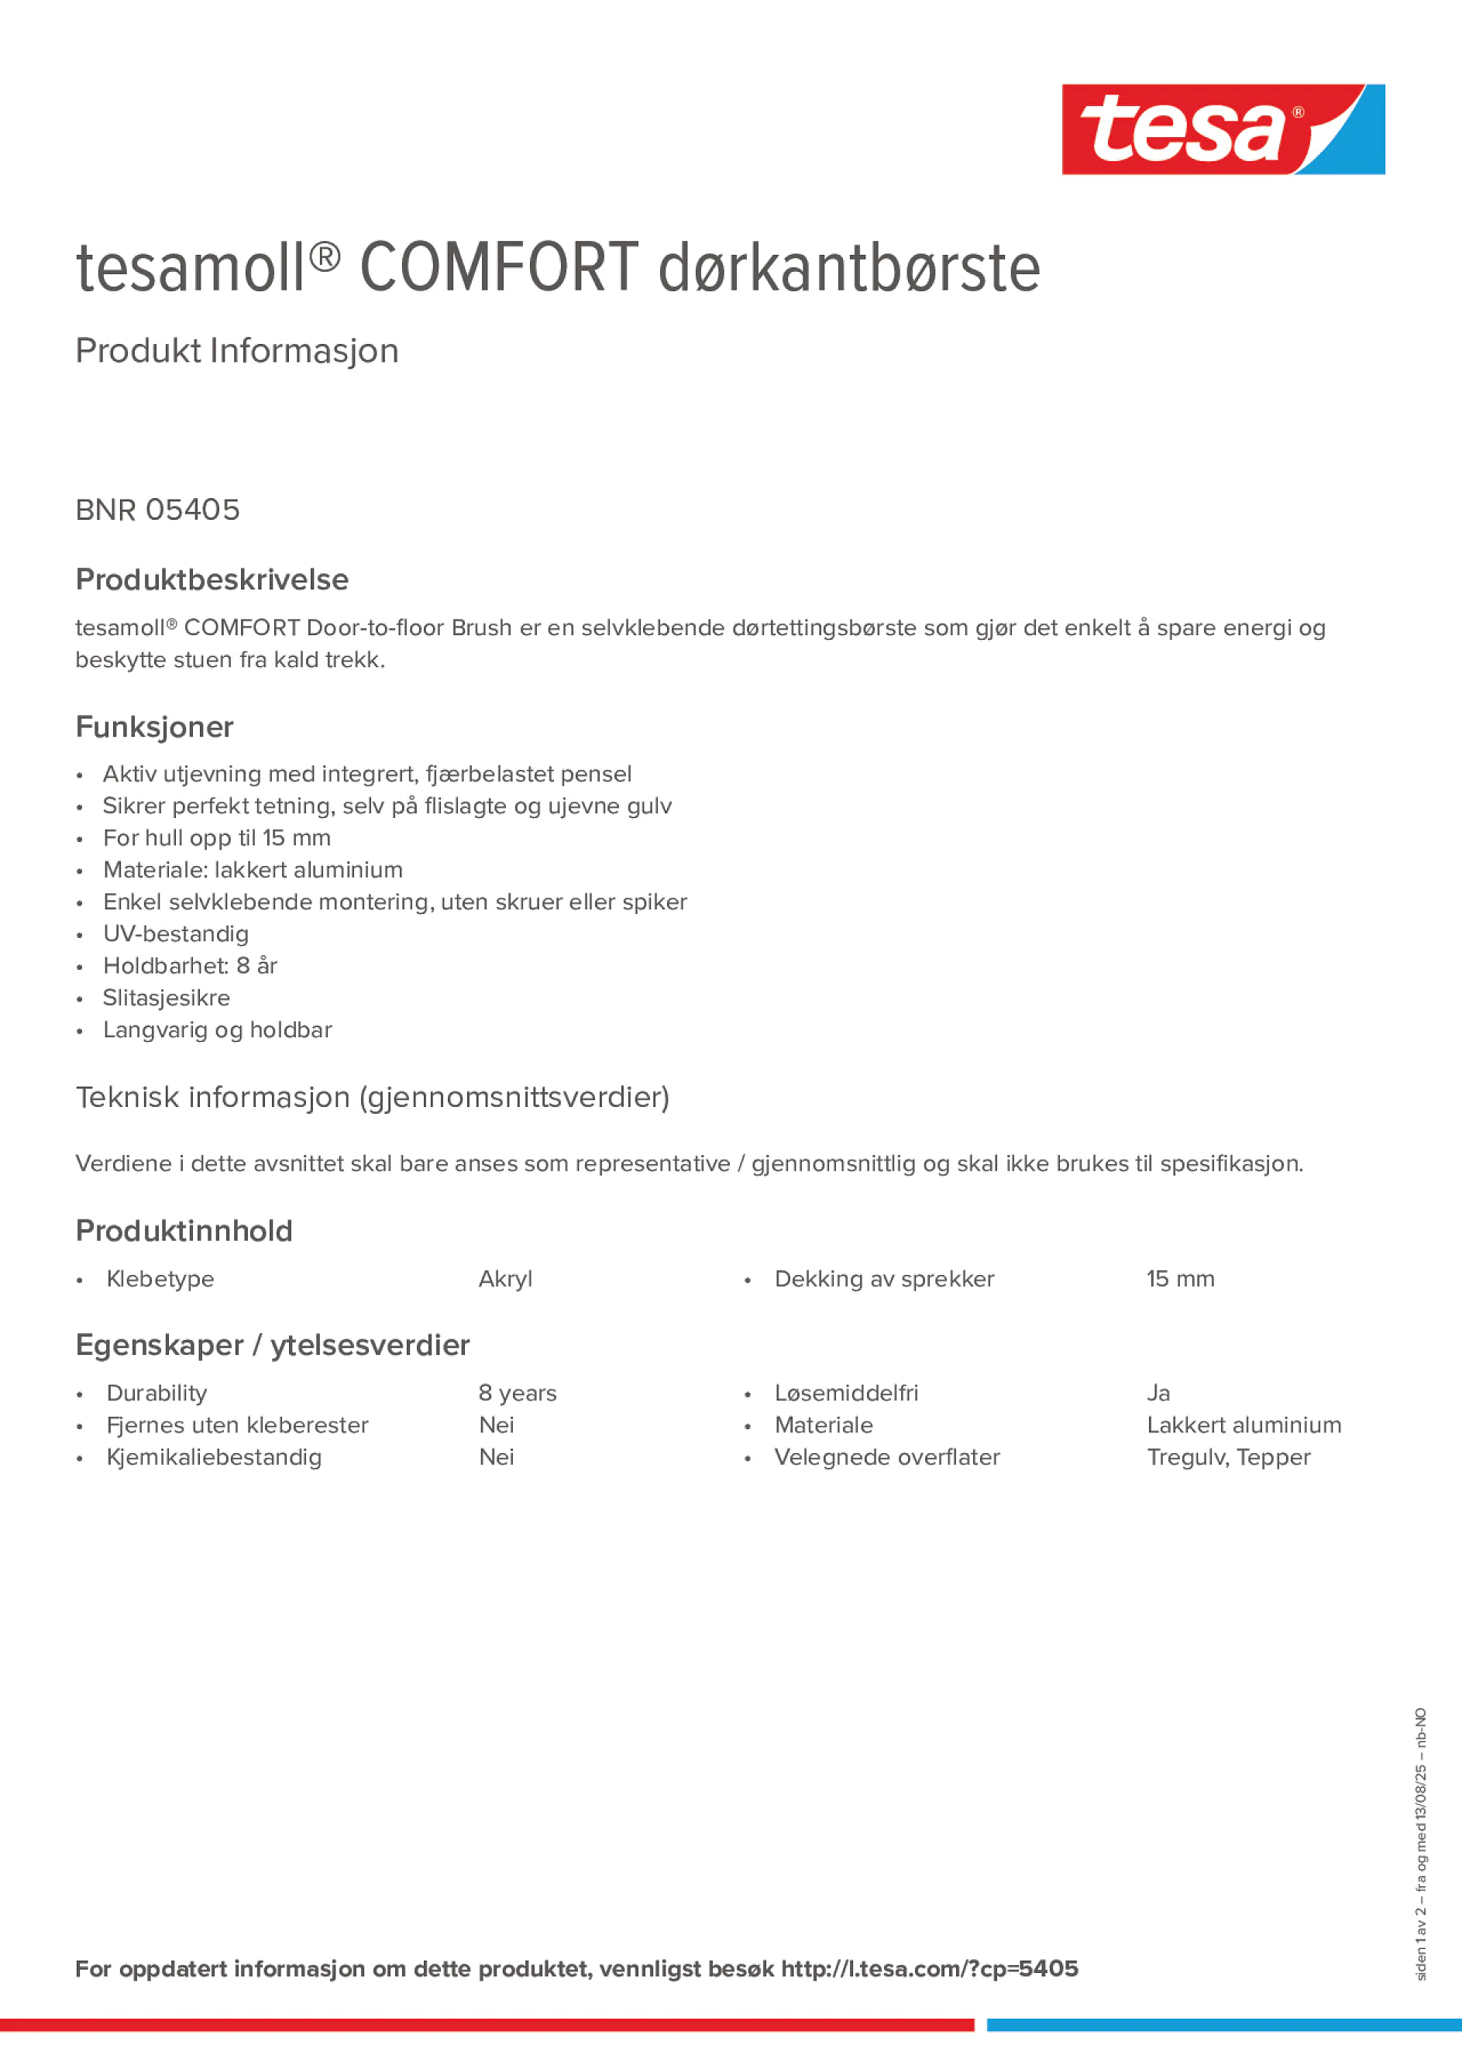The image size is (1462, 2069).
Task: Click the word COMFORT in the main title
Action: tap(498, 269)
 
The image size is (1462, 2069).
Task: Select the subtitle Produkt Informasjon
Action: tap(237, 351)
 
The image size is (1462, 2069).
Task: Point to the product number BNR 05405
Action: tap(158, 510)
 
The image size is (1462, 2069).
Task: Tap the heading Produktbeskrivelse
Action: tap(212, 579)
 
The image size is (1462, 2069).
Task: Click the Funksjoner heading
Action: tap(154, 727)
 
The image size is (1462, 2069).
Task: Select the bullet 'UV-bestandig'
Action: tap(176, 933)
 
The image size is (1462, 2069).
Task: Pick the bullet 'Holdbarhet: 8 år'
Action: tap(190, 966)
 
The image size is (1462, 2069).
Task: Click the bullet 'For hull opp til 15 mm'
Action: tap(216, 838)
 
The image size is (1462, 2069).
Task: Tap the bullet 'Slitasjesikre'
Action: tap(167, 998)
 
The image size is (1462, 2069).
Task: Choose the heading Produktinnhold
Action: tap(184, 1231)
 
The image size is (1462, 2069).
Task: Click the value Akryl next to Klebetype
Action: tap(506, 1279)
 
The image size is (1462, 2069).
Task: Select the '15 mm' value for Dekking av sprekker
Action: tap(1180, 1279)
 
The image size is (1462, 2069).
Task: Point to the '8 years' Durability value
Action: tap(518, 1394)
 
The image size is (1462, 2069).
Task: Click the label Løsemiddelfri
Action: tap(846, 1394)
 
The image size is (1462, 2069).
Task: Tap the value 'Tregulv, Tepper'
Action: tap(1229, 1457)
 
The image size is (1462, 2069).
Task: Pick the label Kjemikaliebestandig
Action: tap(214, 1457)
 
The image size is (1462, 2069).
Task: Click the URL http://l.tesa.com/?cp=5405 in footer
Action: tap(929, 1969)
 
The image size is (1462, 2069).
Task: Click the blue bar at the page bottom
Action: tap(1223, 2025)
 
